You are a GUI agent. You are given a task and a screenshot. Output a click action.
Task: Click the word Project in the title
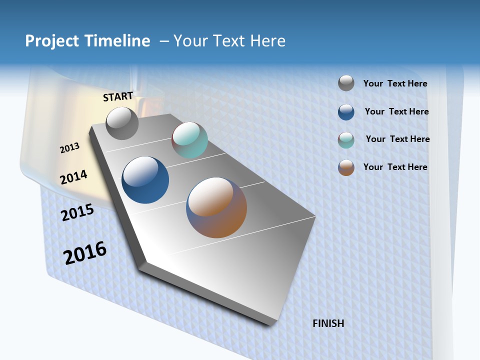(52, 41)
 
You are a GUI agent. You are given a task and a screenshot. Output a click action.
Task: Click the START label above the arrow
(118, 96)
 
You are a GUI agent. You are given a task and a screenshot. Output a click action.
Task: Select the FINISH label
(328, 323)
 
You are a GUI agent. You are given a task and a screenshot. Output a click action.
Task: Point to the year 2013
(70, 147)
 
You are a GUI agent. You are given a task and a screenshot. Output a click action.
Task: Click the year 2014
(74, 177)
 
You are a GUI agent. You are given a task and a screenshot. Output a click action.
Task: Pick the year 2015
(77, 212)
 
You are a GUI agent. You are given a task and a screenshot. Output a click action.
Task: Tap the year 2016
(85, 252)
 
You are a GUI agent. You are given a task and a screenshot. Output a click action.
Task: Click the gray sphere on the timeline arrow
(122, 123)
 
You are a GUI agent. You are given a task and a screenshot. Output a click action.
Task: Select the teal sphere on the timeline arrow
(189, 140)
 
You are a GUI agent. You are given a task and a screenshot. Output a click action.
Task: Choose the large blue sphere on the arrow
(145, 180)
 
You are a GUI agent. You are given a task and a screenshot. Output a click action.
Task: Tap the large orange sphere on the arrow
(216, 207)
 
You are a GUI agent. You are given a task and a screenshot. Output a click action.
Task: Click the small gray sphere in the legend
(346, 83)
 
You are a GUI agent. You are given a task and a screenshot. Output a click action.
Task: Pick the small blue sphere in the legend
(346, 112)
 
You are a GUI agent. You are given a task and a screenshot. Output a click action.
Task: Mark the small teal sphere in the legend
(346, 140)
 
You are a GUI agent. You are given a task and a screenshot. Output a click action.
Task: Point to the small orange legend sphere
(346, 167)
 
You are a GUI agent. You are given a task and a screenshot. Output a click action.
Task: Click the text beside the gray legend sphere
(395, 84)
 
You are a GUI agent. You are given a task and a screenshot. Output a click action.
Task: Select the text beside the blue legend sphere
(396, 111)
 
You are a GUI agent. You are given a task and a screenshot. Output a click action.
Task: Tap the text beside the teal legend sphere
(397, 139)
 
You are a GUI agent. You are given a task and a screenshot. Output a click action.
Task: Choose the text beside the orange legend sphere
(395, 167)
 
